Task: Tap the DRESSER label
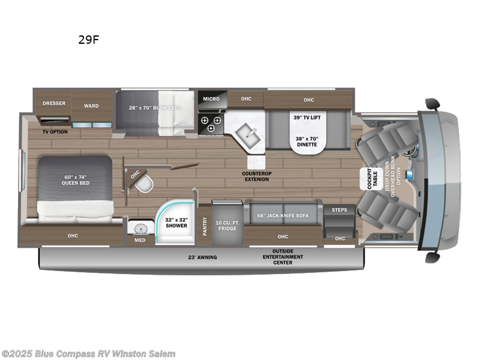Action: click(x=53, y=103)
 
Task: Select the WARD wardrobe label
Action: click(x=91, y=106)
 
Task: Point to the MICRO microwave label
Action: click(x=211, y=99)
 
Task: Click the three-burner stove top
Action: click(x=212, y=124)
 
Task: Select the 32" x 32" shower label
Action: click(x=175, y=223)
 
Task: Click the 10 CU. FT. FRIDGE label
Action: click(x=227, y=226)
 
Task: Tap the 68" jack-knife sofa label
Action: click(x=282, y=215)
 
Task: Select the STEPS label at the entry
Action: click(x=340, y=210)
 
